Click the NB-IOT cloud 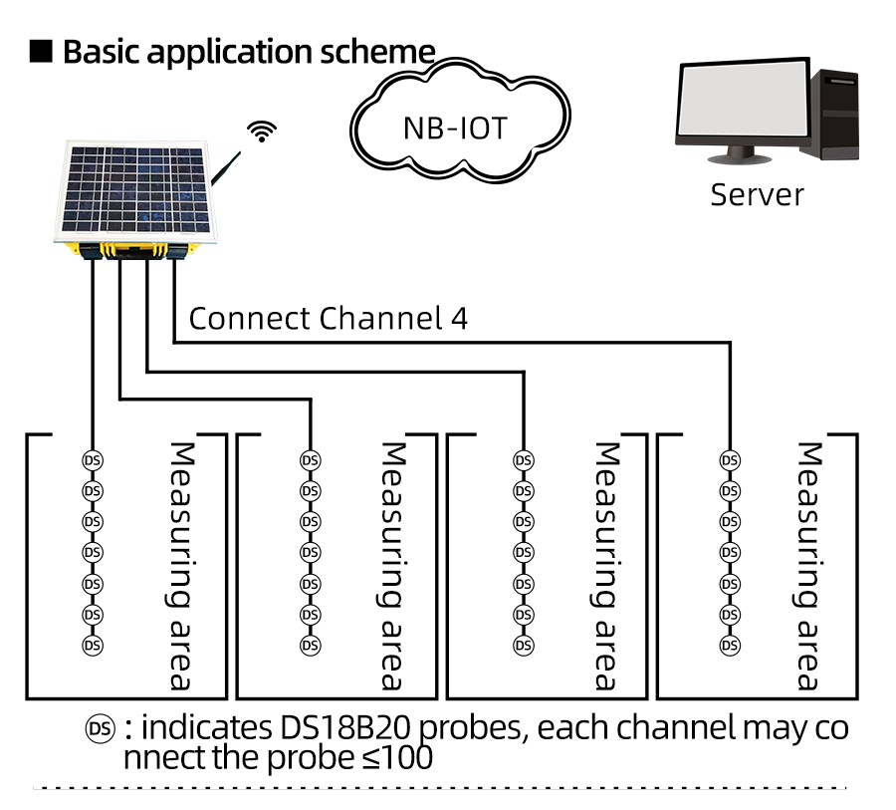click(x=455, y=129)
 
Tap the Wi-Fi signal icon click(x=263, y=131)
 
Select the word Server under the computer click(x=757, y=193)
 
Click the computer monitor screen click(x=742, y=105)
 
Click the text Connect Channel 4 click(x=328, y=319)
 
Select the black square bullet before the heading click(x=41, y=51)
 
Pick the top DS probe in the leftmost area click(x=92, y=460)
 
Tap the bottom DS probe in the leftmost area click(x=92, y=645)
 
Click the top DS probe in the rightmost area click(x=730, y=460)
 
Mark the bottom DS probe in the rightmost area click(x=730, y=645)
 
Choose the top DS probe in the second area click(x=311, y=460)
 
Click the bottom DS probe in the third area click(x=523, y=645)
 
